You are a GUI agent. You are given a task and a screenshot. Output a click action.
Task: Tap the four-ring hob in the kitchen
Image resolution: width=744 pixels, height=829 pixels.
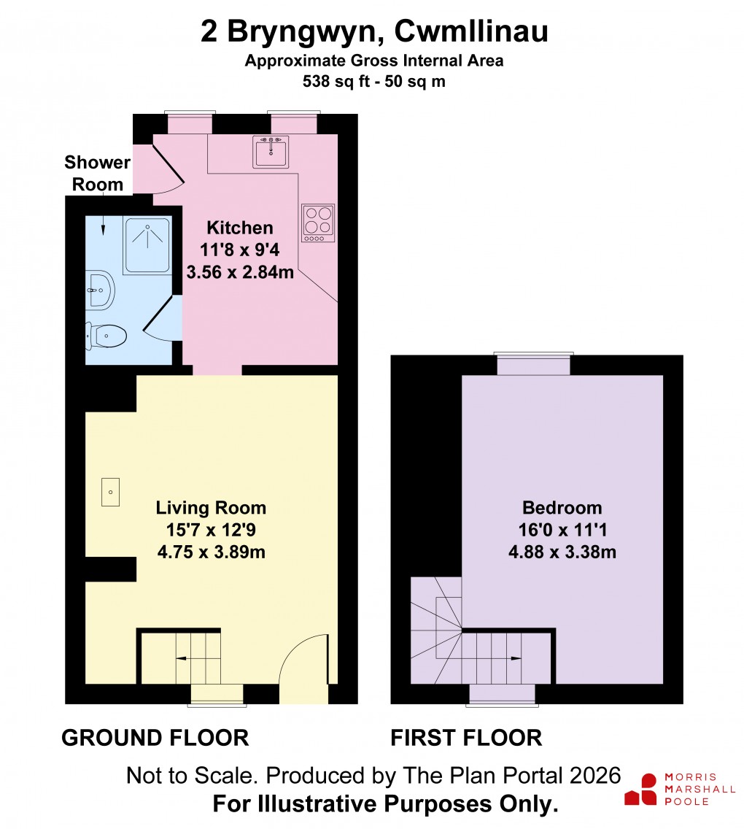318,223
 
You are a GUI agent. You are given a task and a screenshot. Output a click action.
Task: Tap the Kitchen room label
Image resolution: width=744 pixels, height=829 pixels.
240,228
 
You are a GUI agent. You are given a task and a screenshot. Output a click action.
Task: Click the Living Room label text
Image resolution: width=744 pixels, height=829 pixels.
211,508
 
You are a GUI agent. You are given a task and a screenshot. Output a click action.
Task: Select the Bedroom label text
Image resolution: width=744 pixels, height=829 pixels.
562,508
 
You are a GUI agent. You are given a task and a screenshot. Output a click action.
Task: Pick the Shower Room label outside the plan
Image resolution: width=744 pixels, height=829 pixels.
97,173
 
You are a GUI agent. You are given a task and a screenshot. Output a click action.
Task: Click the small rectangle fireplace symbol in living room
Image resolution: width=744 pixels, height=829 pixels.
110,492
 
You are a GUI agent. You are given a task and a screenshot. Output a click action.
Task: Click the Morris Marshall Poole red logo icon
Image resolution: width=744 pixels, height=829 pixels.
641,790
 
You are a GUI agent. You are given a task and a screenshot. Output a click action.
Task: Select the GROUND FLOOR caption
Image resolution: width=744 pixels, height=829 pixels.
155,738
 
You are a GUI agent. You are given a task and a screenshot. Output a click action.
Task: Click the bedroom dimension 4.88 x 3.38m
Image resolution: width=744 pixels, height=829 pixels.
562,552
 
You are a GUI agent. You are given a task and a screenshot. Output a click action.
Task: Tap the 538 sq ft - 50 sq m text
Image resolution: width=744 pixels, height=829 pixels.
373,82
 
